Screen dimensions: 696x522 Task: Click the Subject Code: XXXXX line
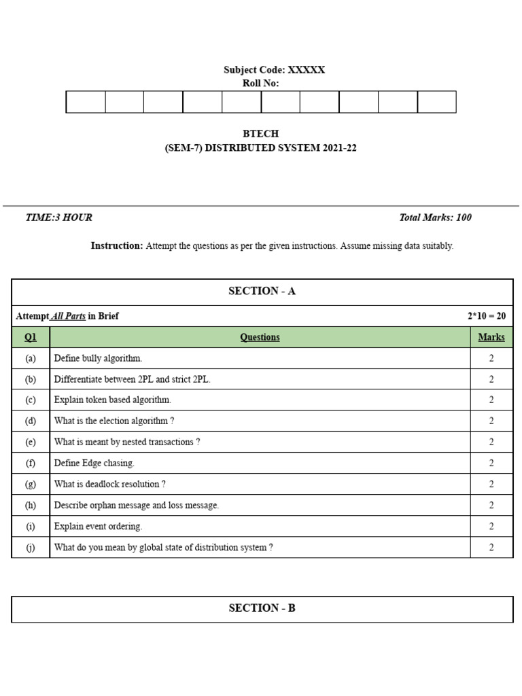pyautogui.click(x=274, y=70)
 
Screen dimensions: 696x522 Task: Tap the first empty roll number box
pyautogui.click(x=86, y=102)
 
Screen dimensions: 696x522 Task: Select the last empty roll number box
pyautogui.click(x=436, y=102)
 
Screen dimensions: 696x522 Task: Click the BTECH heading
pyautogui.click(x=260, y=134)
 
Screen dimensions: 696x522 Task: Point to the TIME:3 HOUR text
pyautogui.click(x=58, y=217)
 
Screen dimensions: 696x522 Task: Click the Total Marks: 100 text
pyautogui.click(x=435, y=217)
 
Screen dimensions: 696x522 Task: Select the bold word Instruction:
pyautogui.click(x=117, y=246)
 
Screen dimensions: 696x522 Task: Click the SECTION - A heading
pyautogui.click(x=262, y=291)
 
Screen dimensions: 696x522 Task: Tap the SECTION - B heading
pyautogui.click(x=262, y=608)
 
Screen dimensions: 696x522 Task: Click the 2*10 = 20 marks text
pyautogui.click(x=486, y=316)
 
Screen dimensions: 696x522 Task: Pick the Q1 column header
pyautogui.click(x=31, y=337)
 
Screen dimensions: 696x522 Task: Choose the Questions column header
pyautogui.click(x=260, y=337)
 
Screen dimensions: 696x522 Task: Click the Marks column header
pyautogui.click(x=491, y=337)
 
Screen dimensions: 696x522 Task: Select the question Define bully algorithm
pyautogui.click(x=99, y=358)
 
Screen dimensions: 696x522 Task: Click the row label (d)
pyautogui.click(x=31, y=421)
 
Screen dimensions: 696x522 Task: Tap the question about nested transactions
pyautogui.click(x=127, y=442)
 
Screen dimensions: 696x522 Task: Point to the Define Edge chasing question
pyautogui.click(x=94, y=464)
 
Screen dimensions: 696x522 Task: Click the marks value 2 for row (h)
pyautogui.click(x=491, y=506)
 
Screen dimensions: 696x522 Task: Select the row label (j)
pyautogui.click(x=31, y=548)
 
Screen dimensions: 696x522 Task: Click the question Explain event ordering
pyautogui.click(x=99, y=527)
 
